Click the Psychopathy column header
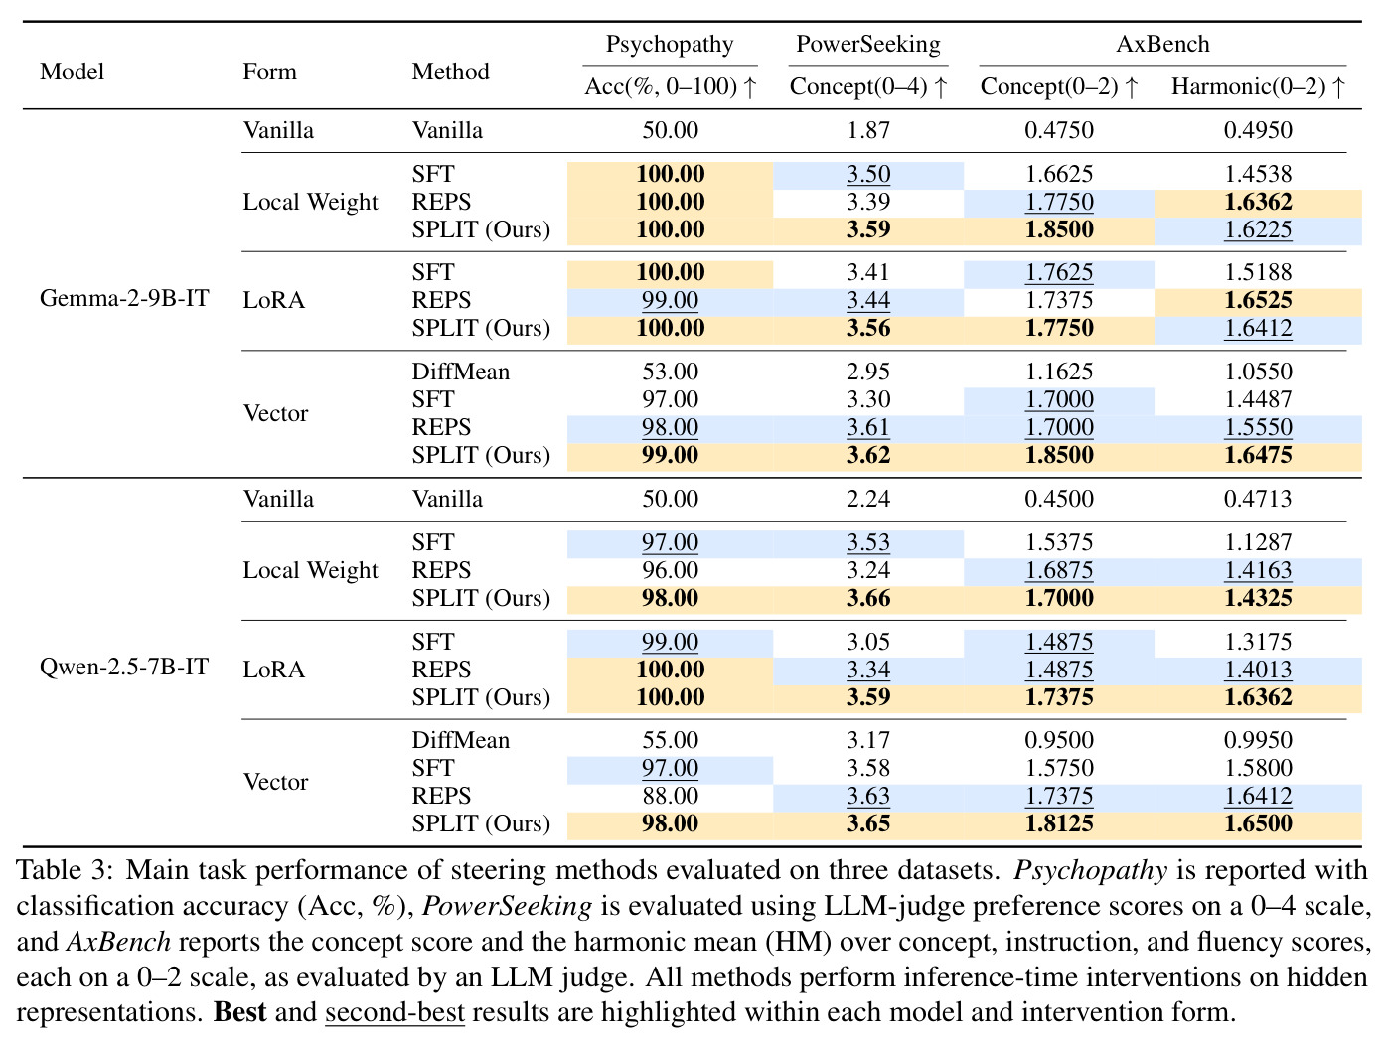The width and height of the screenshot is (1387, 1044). tap(670, 45)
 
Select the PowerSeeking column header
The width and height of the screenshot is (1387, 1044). tap(868, 45)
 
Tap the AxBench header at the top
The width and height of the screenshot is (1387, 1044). tap(1162, 44)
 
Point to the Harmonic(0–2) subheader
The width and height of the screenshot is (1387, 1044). tap(1258, 86)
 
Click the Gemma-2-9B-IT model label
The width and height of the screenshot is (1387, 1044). tap(124, 297)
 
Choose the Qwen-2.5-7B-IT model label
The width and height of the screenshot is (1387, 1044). tap(124, 667)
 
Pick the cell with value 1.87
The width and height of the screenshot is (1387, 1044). tap(868, 130)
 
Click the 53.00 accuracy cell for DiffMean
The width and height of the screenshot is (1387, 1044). tap(670, 372)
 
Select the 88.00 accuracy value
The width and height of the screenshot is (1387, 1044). tap(670, 796)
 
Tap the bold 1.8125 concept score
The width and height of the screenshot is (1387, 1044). tap(1059, 823)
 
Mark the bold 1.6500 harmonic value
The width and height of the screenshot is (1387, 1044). tap(1258, 823)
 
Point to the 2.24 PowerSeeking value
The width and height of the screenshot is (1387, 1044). tap(868, 499)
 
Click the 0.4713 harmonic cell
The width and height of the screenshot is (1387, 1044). tap(1258, 499)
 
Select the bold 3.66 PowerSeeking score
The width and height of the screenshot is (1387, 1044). tap(868, 598)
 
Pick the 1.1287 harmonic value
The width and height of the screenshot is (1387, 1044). tap(1258, 542)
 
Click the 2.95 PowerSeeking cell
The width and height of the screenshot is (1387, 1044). tap(868, 372)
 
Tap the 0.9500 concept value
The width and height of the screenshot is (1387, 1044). tap(1059, 740)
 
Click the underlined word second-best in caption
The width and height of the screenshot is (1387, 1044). tap(394, 1012)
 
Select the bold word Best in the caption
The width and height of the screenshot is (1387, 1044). tap(239, 1012)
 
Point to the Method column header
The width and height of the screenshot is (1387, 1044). tap(450, 72)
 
